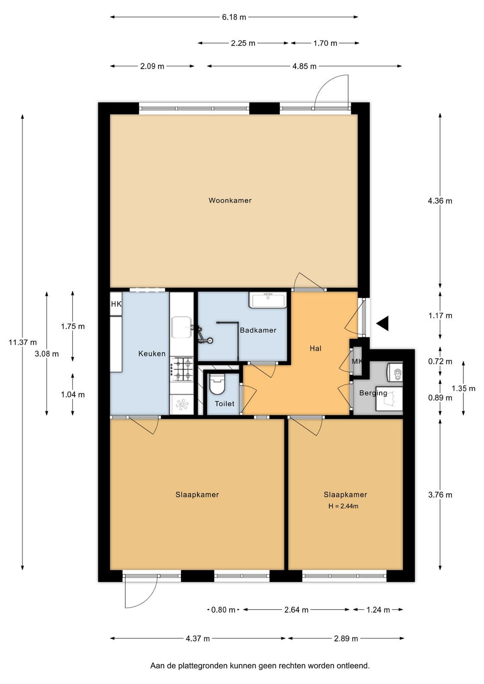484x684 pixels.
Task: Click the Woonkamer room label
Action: (x=230, y=200)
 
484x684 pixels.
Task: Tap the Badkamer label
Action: (x=258, y=330)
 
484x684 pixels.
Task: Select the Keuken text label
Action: (x=152, y=354)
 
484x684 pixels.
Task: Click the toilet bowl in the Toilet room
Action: (x=217, y=384)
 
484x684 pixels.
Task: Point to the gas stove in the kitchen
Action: (x=182, y=369)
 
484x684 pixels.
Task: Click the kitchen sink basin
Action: (x=181, y=327)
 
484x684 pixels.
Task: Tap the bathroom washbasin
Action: (x=268, y=300)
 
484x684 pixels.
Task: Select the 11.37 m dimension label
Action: (x=23, y=342)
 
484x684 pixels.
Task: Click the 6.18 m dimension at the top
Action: (x=234, y=17)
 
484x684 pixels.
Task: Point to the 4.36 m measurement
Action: (x=440, y=200)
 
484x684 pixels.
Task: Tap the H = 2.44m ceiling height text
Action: (x=343, y=506)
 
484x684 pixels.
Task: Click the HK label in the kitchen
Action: (x=116, y=304)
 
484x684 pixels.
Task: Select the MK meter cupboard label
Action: (x=357, y=362)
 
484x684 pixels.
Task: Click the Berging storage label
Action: (x=373, y=394)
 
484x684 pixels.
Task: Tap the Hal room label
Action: (x=316, y=348)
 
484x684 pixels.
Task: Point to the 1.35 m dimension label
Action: (x=463, y=389)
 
